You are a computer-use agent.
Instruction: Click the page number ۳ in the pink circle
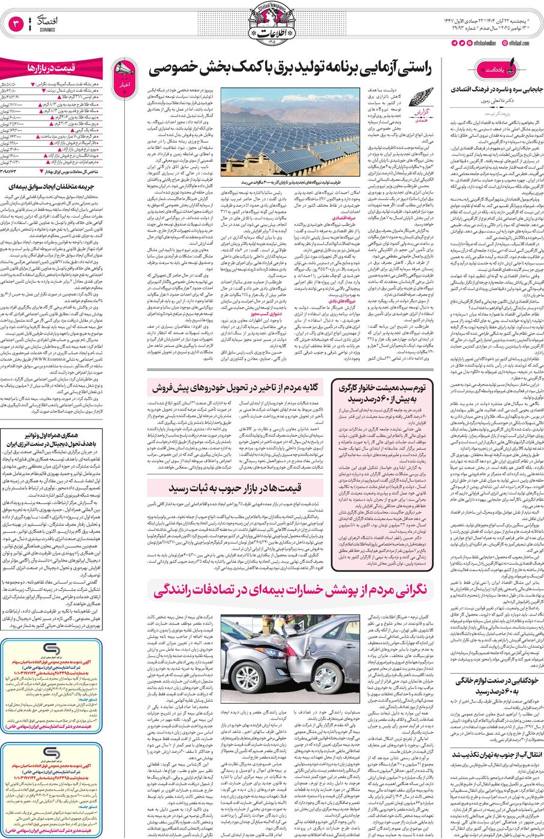pos(16,25)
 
